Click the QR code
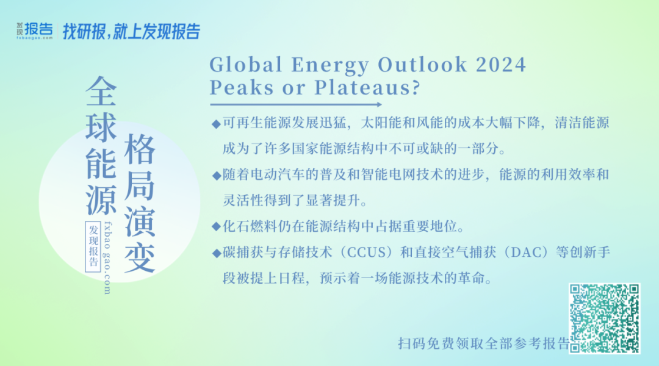point(604,318)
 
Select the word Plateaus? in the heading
point(367,87)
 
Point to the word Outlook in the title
point(422,65)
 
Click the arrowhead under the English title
point(379,105)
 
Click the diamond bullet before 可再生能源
point(216,124)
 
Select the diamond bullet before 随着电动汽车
point(216,176)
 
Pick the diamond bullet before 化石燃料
point(216,227)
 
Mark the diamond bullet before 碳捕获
point(216,253)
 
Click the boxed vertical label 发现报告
point(93,246)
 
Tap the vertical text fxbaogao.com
point(107,258)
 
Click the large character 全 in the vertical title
point(101,91)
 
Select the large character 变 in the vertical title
point(140,257)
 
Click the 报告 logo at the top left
point(35,30)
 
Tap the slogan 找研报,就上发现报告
point(132,32)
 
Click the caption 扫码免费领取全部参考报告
point(483,343)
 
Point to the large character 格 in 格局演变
point(140,149)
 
